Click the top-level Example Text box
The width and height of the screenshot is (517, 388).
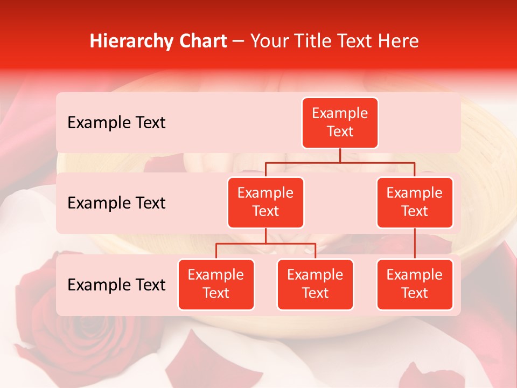coord(340,123)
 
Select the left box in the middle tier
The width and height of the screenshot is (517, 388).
coord(266,202)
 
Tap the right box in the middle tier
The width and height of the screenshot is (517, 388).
coord(415,202)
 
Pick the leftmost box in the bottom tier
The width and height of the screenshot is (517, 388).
coord(216,284)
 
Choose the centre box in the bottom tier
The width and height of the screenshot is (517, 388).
coord(315,284)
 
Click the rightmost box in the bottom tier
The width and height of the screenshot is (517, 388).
coord(415,284)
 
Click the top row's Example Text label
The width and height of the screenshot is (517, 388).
coord(116,123)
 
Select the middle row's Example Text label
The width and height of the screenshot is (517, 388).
coord(116,203)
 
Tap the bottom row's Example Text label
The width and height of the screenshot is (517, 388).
coord(116,285)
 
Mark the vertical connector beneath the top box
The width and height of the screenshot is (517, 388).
coord(340,155)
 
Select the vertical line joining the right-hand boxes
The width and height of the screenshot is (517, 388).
coord(415,243)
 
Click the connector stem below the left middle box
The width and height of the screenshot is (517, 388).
coord(266,235)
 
